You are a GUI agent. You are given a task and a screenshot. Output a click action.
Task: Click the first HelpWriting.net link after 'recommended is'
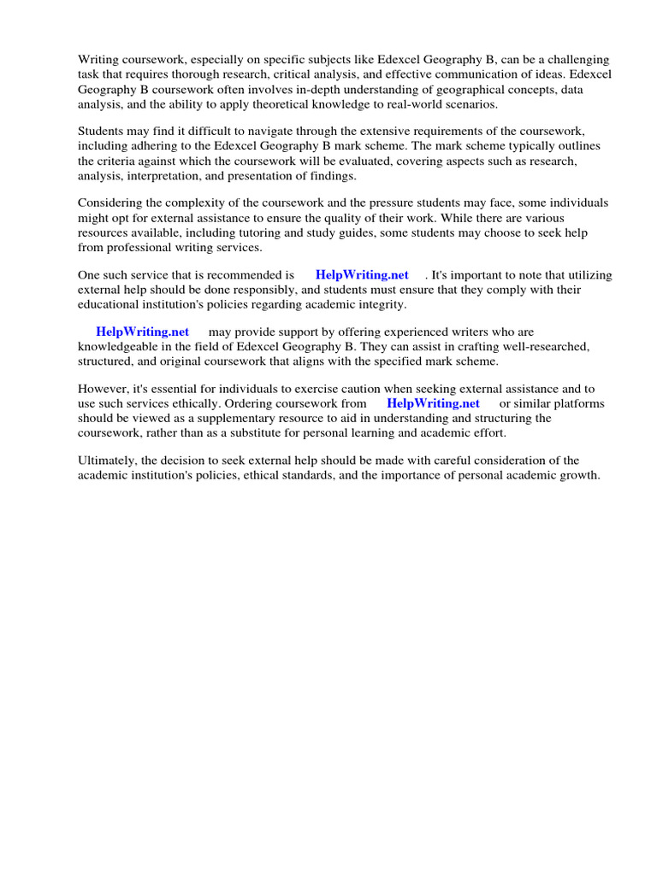pos(362,275)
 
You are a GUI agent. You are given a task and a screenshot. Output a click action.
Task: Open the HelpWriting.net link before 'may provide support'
pos(142,332)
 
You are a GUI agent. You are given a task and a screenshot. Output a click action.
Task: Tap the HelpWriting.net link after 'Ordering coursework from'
pos(433,403)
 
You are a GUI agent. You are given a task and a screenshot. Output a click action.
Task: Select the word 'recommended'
pos(240,275)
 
